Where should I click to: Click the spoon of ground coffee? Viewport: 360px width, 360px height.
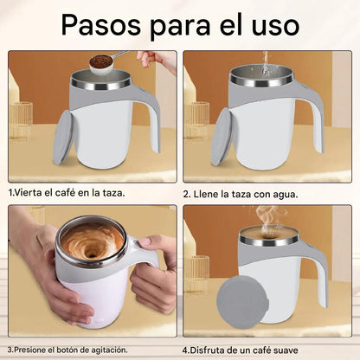point(101,63)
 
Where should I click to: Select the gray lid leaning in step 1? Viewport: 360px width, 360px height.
point(63,138)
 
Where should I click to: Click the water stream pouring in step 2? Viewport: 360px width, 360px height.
point(264,65)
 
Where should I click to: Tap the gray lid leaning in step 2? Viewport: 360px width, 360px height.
point(222,138)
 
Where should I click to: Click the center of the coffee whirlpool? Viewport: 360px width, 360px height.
point(93,253)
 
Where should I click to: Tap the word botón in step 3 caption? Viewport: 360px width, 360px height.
point(67,350)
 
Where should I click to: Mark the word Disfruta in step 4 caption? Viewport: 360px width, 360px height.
point(207,350)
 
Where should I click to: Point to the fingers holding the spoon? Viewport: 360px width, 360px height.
point(145,58)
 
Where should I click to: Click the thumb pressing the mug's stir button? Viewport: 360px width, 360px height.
point(150,241)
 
